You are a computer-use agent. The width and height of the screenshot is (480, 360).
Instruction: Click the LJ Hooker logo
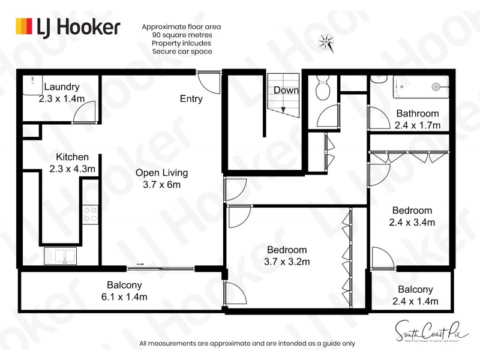click(67, 27)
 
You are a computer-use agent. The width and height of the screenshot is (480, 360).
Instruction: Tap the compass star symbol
click(327, 41)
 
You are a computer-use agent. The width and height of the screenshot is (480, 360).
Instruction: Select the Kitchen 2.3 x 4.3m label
click(72, 163)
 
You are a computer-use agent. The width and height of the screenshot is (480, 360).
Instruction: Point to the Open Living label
click(161, 178)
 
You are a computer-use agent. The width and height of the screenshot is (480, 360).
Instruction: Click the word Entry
click(191, 98)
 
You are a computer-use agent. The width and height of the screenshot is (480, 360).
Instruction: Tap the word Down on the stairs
click(286, 90)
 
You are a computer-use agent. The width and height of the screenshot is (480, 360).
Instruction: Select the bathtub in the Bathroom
click(420, 87)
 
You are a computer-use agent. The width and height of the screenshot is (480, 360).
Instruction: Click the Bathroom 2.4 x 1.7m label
click(417, 119)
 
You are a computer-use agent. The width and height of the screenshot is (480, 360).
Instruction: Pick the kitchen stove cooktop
click(90, 214)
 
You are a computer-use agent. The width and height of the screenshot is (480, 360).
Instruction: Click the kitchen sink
click(61, 256)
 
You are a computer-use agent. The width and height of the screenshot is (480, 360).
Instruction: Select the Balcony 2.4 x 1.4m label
click(415, 295)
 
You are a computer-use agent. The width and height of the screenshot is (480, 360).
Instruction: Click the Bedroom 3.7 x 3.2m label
click(286, 256)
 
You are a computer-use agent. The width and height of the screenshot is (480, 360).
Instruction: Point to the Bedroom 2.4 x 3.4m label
click(412, 216)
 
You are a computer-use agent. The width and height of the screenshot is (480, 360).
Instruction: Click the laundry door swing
click(85, 112)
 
